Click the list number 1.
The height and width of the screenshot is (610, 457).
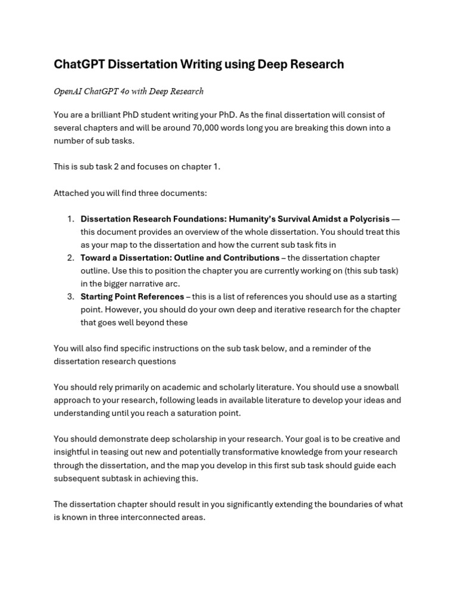coord(70,219)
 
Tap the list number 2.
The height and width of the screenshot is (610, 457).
coord(70,258)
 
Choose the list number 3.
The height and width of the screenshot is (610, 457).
coord(70,297)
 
